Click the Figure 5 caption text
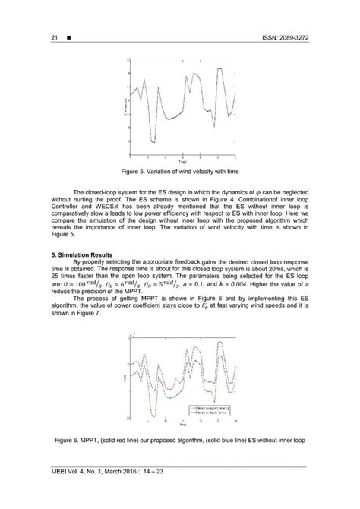pos(180,172)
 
